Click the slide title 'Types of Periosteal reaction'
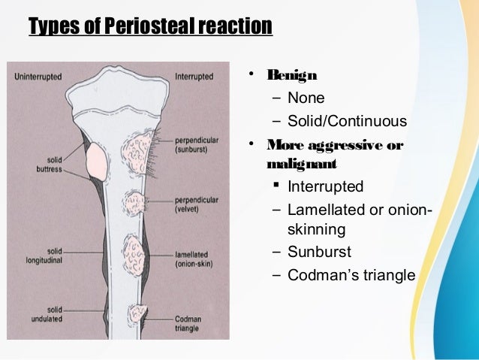coord(149,27)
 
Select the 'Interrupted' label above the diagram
coord(194,77)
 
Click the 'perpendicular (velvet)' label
coord(196,204)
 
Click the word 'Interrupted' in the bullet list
coord(326,186)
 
